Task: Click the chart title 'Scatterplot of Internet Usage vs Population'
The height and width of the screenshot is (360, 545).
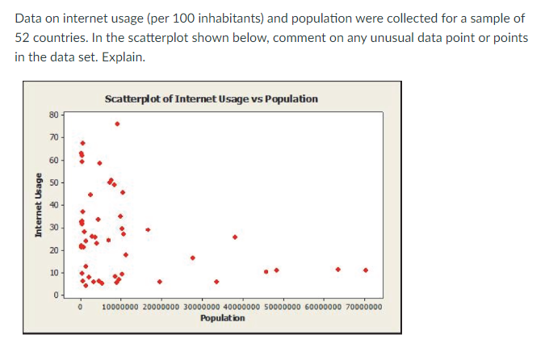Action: tap(212, 98)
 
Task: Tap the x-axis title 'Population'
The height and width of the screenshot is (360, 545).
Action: tap(222, 318)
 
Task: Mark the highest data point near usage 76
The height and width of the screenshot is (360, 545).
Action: tap(117, 123)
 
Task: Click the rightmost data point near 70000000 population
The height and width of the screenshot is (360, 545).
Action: tap(366, 270)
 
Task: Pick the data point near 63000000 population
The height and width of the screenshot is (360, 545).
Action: tap(337, 269)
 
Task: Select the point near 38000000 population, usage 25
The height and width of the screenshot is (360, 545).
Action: tap(235, 237)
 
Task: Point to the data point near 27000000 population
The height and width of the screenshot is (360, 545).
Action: tap(192, 257)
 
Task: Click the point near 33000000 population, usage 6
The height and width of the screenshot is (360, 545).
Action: tap(216, 282)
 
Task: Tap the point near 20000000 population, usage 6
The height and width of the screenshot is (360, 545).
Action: tap(160, 282)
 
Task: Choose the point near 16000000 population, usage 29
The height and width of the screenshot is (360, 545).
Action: tap(148, 229)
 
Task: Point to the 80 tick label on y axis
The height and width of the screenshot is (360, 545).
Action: tap(54, 115)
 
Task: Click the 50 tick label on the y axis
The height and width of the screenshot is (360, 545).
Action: tap(54, 182)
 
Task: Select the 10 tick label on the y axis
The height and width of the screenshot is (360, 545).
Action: tap(54, 273)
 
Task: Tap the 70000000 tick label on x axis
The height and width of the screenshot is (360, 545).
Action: tap(363, 307)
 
